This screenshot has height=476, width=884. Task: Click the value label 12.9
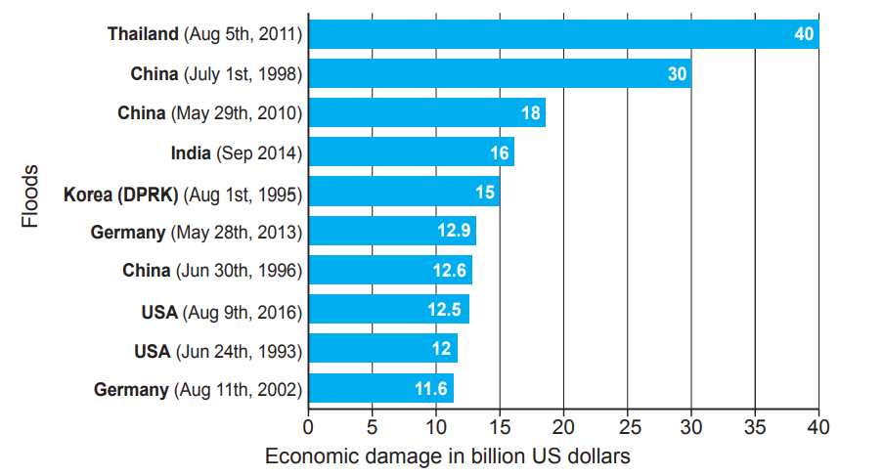point(453,232)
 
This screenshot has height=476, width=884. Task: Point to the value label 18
point(530,113)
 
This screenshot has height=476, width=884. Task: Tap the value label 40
point(804,34)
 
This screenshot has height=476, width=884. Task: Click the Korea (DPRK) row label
point(183,194)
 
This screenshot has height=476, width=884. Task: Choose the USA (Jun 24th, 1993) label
point(217,350)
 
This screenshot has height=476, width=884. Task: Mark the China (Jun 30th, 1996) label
point(211,271)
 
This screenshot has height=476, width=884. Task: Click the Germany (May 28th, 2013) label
point(196,233)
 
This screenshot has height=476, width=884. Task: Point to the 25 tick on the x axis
point(627,427)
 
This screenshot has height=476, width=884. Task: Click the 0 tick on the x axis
point(308,427)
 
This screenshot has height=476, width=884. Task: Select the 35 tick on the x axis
point(755,427)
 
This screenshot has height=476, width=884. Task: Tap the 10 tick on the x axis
point(435,427)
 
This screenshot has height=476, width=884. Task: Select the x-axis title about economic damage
point(447,456)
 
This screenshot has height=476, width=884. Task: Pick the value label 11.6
point(431,389)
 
